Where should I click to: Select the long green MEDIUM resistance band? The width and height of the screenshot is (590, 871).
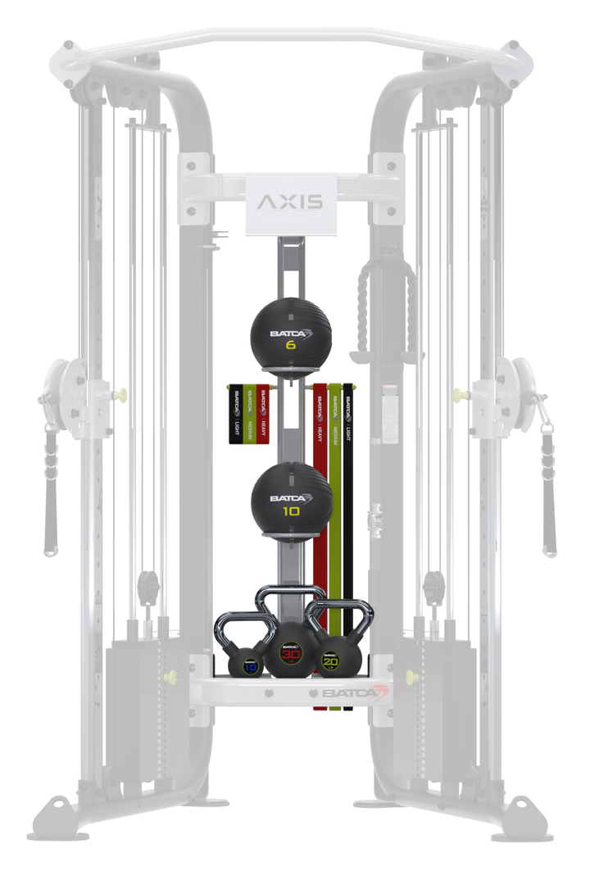pyautogui.click(x=334, y=492)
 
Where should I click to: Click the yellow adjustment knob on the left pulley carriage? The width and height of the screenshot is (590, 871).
pyautogui.click(x=121, y=391)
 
